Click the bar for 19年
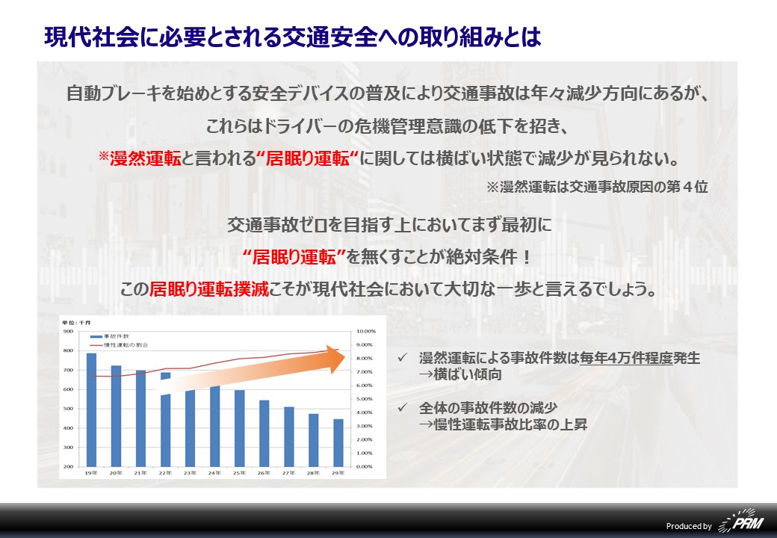(91, 409)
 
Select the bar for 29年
(338, 443)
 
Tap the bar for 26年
(264, 433)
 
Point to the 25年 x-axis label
(239, 473)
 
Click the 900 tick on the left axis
(68, 331)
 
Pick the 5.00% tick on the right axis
(365, 399)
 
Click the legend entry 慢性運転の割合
(119, 344)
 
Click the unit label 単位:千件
(77, 323)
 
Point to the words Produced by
(689, 526)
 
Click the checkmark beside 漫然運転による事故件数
(403, 357)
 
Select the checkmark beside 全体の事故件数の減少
(403, 407)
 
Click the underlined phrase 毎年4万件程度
(626, 358)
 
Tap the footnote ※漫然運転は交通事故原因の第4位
(597, 187)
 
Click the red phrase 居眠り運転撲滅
(208, 289)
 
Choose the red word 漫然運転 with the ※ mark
(140, 158)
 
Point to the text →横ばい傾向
(460, 374)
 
